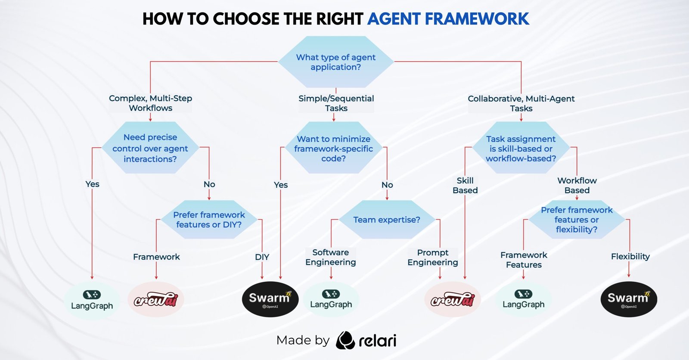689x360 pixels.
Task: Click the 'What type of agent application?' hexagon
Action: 335,62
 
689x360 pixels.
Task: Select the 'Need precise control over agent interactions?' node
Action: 150,148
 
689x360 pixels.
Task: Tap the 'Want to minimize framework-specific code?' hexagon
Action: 334,149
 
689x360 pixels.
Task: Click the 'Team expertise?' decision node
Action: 386,220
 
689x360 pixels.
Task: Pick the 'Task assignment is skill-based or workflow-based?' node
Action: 521,149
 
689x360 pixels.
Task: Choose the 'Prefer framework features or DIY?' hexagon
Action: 209,220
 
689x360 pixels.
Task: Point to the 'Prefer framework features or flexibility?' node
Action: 576,220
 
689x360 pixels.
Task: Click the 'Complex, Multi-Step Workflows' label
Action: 150,103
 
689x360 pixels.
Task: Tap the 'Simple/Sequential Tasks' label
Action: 336,103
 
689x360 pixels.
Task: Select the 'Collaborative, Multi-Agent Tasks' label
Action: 521,103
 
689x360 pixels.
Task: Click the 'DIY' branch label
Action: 262,257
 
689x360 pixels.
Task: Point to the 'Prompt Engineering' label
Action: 433,258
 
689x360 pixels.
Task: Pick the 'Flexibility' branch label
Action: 630,257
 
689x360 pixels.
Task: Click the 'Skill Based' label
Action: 465,185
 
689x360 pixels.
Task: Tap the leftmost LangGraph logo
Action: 92,300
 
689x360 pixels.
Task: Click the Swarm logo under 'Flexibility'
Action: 629,299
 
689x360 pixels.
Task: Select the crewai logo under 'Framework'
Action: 156,300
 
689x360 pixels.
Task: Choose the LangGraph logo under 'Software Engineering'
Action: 331,299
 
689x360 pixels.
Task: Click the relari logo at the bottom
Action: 366,340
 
